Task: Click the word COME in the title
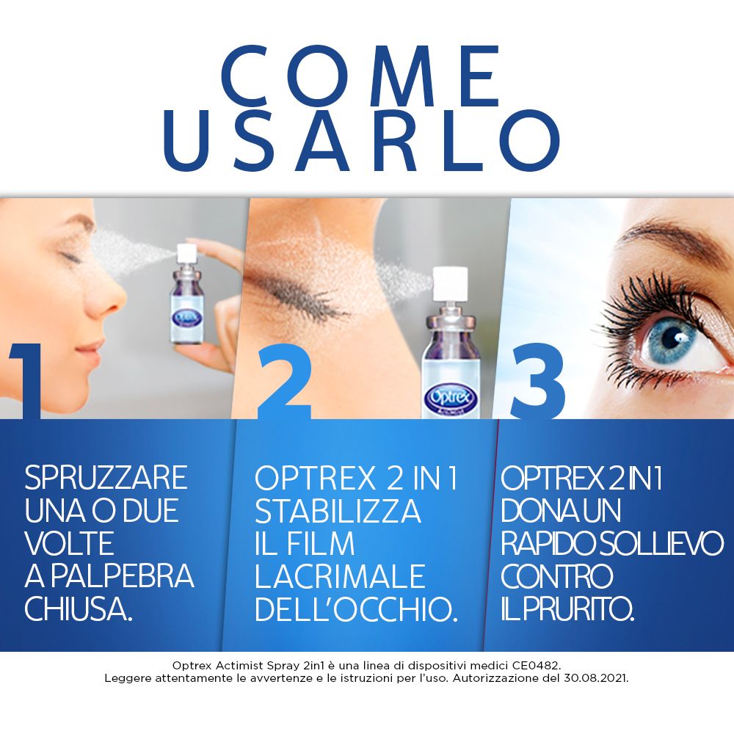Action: pos(360,77)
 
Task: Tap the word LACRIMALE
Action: pos(340,577)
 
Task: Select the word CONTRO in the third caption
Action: pos(556,577)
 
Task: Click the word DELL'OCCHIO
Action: pos(356,610)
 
